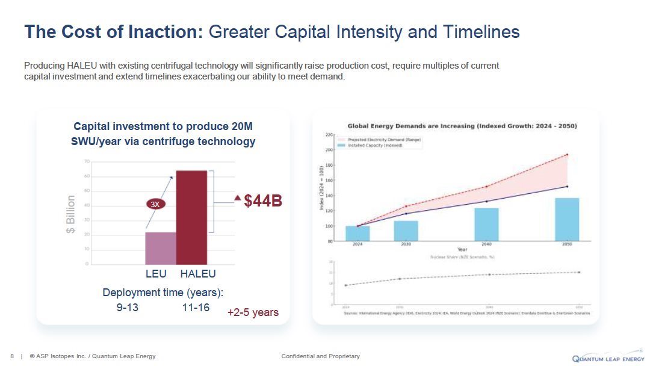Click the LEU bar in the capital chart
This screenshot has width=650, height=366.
(160, 248)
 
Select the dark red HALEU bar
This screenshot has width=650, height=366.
(191, 217)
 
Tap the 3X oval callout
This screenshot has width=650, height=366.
(155, 205)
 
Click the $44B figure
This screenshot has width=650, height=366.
(263, 201)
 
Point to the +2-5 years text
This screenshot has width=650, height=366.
(253, 312)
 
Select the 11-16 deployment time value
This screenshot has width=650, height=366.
(196, 308)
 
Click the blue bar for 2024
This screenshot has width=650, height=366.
(357, 234)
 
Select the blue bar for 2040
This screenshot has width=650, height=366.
(486, 225)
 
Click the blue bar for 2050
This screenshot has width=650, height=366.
(567, 220)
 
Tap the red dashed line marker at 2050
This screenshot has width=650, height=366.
(567, 155)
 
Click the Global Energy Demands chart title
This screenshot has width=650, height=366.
(462, 126)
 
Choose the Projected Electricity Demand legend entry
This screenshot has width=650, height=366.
(383, 140)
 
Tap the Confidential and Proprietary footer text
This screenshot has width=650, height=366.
(320, 356)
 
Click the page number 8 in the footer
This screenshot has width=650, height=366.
(13, 356)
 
